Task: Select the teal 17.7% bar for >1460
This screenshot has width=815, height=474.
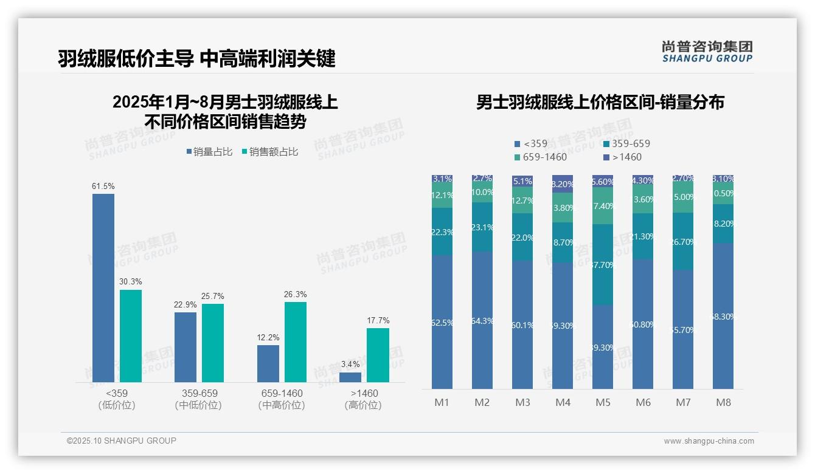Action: click(x=378, y=355)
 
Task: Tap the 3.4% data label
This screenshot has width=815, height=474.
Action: click(x=350, y=365)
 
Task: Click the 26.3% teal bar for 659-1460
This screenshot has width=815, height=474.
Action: click(x=295, y=342)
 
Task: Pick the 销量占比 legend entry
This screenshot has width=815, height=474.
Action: click(x=209, y=152)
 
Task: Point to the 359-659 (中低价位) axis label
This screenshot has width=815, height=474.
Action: click(x=199, y=399)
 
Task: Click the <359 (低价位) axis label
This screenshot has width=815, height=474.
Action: click(x=117, y=399)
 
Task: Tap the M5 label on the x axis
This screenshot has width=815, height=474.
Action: click(x=603, y=402)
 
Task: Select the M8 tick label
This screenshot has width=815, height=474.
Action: click(x=723, y=402)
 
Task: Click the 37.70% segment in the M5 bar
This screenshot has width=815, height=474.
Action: click(x=603, y=264)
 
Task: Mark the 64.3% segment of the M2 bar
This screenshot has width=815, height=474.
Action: click(x=482, y=320)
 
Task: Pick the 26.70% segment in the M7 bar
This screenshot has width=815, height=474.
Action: click(x=683, y=241)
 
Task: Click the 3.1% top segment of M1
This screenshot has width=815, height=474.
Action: click(x=442, y=179)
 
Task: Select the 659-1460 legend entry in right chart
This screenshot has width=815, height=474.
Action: click(x=540, y=157)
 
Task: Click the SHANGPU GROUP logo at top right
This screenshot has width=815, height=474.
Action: click(x=707, y=52)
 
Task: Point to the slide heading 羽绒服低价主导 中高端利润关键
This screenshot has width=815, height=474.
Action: click(x=196, y=59)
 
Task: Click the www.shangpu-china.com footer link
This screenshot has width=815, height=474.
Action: click(x=709, y=441)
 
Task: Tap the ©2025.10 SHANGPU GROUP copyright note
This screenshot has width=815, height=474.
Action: click(x=122, y=441)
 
